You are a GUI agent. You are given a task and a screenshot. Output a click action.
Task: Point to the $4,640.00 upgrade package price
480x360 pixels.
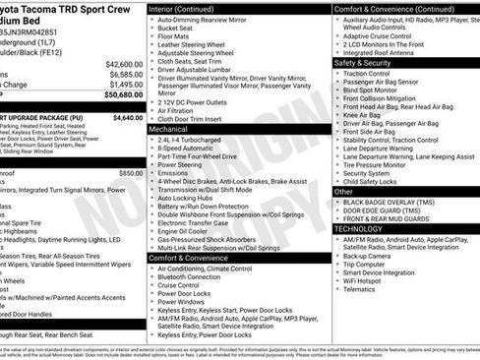click(x=128, y=117)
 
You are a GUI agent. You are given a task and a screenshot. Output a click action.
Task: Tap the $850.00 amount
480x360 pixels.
click(x=131, y=172)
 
